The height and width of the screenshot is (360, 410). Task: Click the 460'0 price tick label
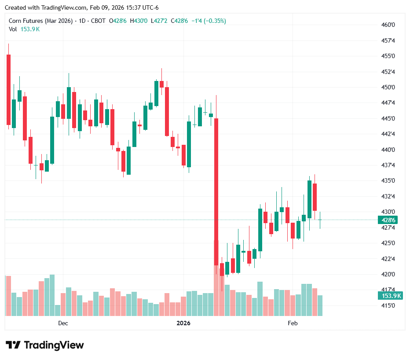[388, 25]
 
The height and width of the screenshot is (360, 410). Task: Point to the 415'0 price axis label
[388, 305]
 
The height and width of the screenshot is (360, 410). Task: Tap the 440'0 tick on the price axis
[388, 150]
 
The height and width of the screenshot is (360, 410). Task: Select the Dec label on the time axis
[63, 323]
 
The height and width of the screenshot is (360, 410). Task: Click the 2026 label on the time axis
[183, 323]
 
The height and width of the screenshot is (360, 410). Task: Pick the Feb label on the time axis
[293, 323]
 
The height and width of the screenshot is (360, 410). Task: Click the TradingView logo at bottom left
[44, 345]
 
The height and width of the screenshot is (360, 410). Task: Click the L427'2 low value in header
[159, 21]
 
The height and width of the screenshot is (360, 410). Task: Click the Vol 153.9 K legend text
[24, 29]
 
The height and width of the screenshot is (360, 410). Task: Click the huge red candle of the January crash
[216, 191]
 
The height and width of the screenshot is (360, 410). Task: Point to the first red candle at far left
[8, 89]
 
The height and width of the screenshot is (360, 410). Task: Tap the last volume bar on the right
[320, 305]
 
